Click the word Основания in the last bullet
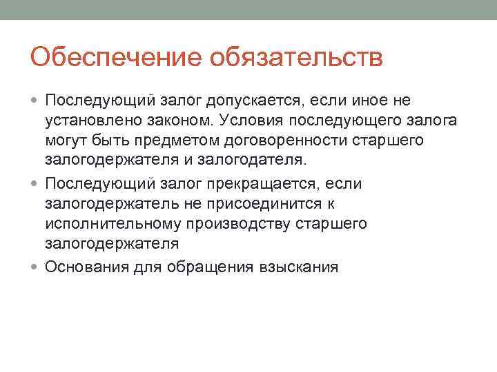click(x=87, y=267)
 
